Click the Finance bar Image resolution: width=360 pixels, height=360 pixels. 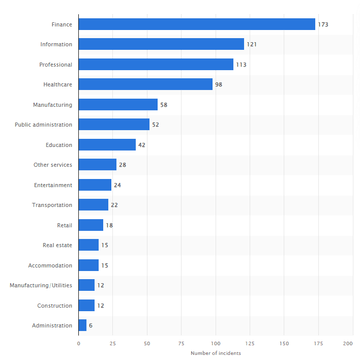coord(197,24)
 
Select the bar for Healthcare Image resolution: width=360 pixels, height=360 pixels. coord(145,84)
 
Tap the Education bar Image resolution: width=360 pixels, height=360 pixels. coord(107,144)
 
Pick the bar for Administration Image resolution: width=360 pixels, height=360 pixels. coord(83,325)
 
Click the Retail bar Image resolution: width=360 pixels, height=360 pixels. coord(91,225)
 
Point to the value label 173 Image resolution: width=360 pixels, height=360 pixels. coord(323,24)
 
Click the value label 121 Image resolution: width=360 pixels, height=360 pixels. coord(252,44)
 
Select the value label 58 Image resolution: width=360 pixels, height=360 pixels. coord(164,105)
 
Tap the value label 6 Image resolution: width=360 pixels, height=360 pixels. coord(91,325)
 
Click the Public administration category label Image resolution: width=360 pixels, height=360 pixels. coord(43,125)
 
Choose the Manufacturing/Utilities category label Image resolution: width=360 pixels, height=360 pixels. coord(41,285)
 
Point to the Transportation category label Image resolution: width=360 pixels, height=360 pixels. coord(52,205)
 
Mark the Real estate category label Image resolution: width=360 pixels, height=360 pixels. coord(57,245)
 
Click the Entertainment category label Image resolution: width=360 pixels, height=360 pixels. coord(53,185)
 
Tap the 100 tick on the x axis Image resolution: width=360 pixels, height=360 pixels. coord(216,343)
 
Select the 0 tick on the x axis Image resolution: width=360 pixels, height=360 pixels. coord(78,343)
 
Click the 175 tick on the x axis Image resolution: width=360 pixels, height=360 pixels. coord(318,343)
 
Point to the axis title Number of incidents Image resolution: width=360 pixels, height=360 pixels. coord(216,353)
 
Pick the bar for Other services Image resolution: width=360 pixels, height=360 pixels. coord(98,164)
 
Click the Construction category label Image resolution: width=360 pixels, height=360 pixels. coord(54,306)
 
